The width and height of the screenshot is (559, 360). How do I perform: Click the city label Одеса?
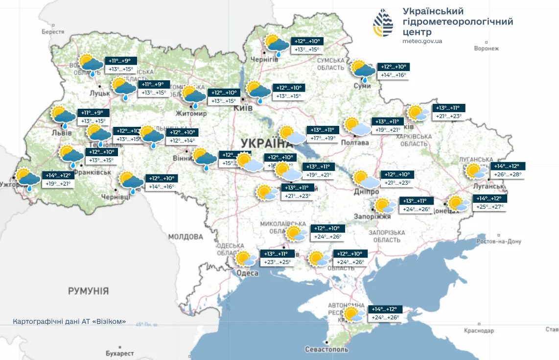pyautogui.click(x=247, y=273)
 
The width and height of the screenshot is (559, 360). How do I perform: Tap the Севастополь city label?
pyautogui.click(x=326, y=350)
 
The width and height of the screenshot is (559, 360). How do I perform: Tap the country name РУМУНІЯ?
pyautogui.click(x=88, y=291)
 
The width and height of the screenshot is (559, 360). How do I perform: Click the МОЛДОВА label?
pyautogui.click(x=186, y=237)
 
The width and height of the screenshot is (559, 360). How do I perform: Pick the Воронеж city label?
pyautogui.click(x=487, y=48)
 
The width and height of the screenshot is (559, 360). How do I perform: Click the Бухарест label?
pyautogui.click(x=120, y=353)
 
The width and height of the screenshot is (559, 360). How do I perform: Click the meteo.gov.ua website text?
pyautogui.click(x=422, y=41)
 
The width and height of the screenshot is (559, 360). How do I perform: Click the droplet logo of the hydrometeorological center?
pyautogui.click(x=383, y=23)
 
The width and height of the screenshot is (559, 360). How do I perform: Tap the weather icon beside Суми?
pyautogui.click(x=363, y=70)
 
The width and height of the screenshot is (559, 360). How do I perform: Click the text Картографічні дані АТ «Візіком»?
pyautogui.click(x=70, y=322)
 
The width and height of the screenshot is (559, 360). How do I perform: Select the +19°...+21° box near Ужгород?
pyautogui.click(x=58, y=184)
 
